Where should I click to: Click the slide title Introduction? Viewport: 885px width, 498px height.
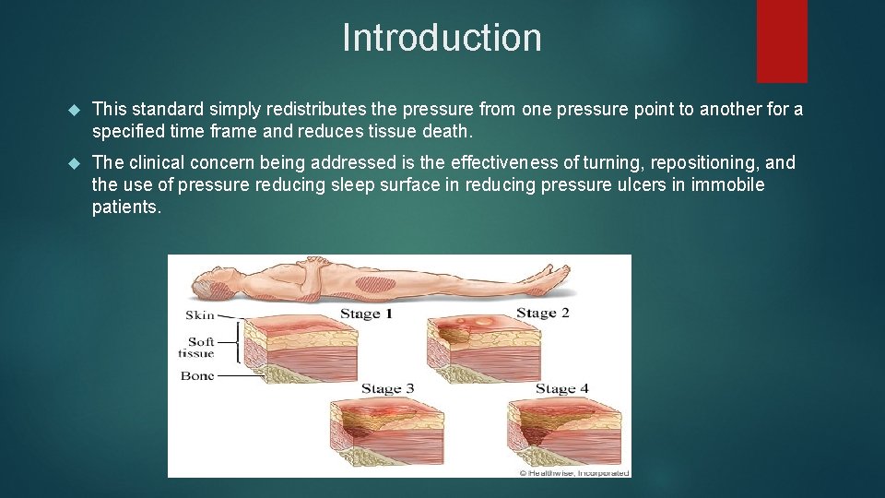click(442, 38)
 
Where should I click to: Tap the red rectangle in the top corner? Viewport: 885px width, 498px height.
click(782, 41)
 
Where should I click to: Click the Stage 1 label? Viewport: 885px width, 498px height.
click(366, 314)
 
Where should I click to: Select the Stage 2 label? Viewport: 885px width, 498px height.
click(542, 313)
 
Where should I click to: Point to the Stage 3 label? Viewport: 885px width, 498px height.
click(387, 388)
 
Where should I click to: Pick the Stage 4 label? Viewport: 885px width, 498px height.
click(562, 388)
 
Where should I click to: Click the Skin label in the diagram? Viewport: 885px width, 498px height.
click(200, 315)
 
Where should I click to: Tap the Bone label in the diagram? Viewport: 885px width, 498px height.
click(197, 375)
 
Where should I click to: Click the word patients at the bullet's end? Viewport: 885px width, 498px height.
click(125, 207)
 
